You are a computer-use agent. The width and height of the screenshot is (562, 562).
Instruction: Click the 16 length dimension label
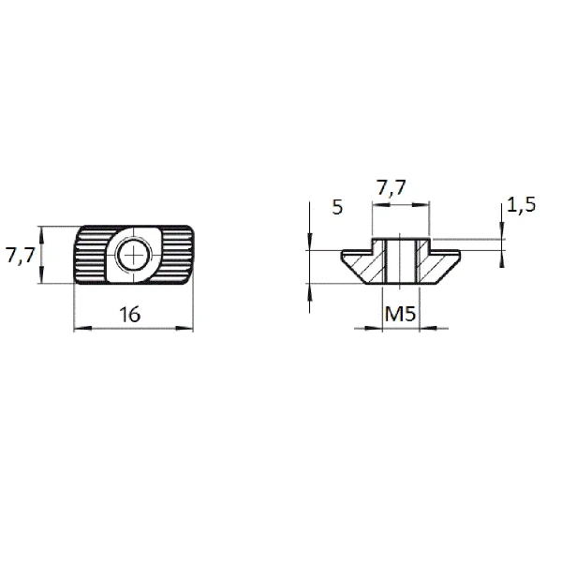(x=130, y=315)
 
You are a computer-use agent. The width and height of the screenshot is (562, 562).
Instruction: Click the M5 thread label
(x=400, y=314)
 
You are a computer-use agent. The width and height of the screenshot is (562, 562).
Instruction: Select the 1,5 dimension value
(x=522, y=205)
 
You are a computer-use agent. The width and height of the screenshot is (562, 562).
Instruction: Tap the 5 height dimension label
(x=337, y=207)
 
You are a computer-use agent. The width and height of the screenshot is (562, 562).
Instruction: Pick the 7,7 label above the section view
(x=392, y=187)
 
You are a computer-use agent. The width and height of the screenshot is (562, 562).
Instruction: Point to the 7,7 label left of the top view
(x=20, y=255)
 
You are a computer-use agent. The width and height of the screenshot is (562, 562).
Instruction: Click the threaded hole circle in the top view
(x=133, y=255)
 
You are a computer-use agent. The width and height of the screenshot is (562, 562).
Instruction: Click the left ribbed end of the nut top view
(x=91, y=255)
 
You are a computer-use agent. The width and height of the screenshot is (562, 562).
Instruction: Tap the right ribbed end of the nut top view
(x=176, y=255)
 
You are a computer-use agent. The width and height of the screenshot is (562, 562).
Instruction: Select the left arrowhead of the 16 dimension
(x=82, y=328)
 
